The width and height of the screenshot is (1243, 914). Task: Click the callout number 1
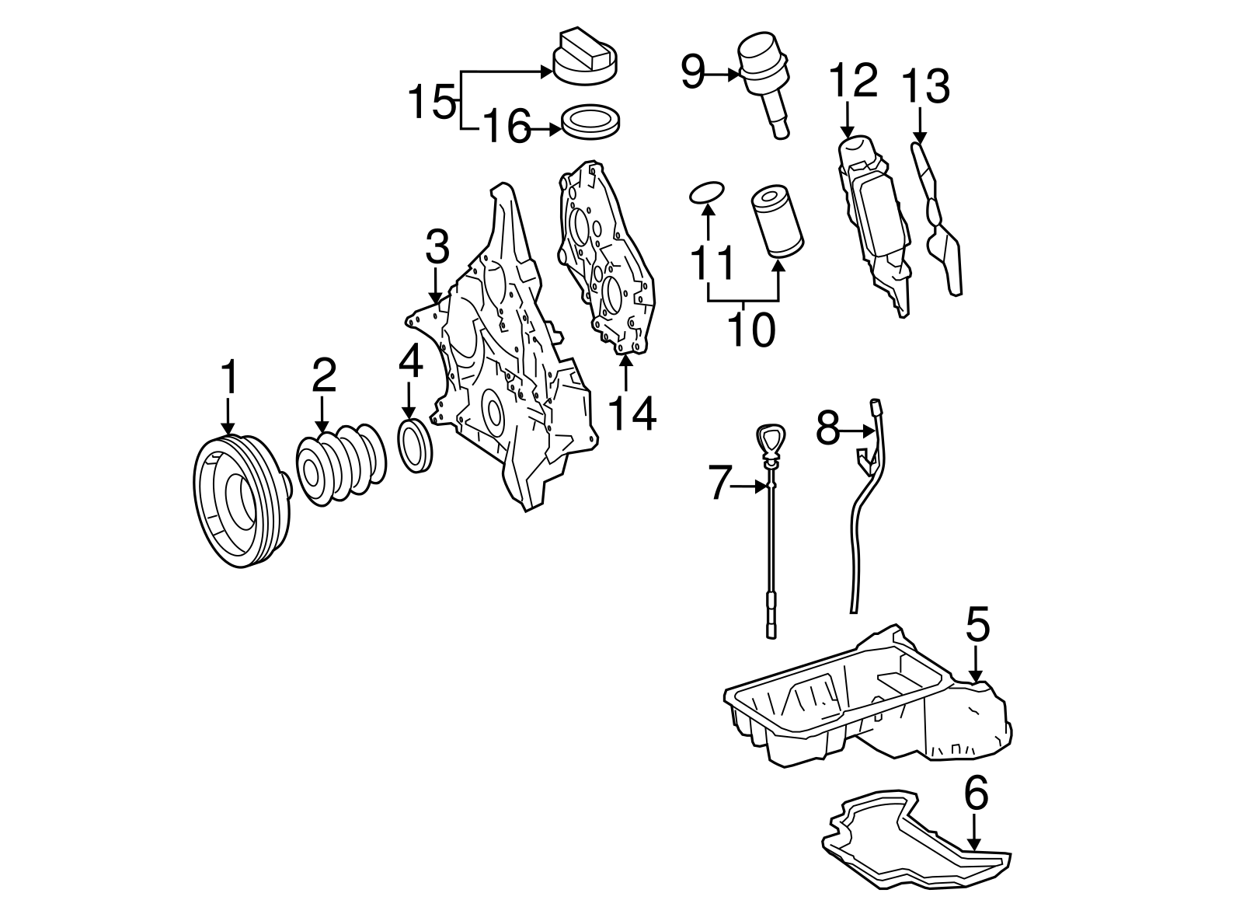tap(228, 379)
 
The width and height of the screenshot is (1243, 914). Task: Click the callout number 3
tap(437, 246)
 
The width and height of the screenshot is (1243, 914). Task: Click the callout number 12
tap(853, 80)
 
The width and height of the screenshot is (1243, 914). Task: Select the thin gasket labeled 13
tap(940, 225)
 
